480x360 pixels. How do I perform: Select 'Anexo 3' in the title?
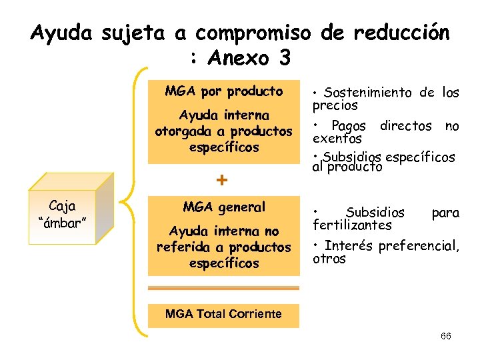click(x=250, y=58)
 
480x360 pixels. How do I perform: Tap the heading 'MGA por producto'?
click(x=224, y=91)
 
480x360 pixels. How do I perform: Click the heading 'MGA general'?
click(x=224, y=207)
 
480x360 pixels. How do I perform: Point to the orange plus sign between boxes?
click(x=223, y=180)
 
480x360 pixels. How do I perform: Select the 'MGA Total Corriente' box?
click(x=223, y=314)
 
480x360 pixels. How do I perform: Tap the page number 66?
click(x=446, y=336)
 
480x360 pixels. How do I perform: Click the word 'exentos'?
click(x=337, y=139)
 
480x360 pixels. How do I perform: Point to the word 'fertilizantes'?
click(x=353, y=225)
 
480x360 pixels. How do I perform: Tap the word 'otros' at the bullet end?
click(x=329, y=259)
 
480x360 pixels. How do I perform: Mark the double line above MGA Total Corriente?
click(x=223, y=289)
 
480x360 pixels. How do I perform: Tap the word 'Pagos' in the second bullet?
click(x=348, y=126)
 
